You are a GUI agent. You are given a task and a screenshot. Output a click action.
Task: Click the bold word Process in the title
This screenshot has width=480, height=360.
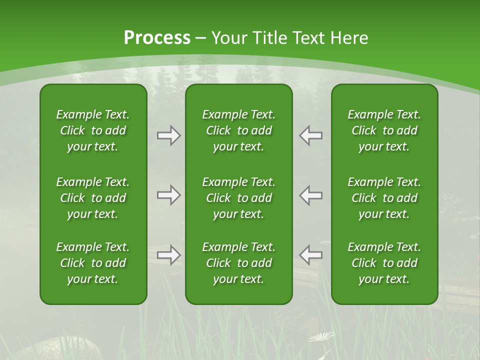(157, 38)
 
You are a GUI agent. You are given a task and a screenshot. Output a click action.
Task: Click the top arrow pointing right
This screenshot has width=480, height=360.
(168, 135)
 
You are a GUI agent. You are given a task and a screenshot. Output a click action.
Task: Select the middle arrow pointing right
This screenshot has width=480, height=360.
(168, 195)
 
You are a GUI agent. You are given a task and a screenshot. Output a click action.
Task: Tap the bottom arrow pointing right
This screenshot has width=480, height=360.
(168, 255)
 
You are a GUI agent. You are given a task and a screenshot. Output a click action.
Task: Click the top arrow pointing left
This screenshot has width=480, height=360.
(311, 135)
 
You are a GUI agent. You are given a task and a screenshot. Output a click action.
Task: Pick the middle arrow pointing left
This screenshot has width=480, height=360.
(311, 195)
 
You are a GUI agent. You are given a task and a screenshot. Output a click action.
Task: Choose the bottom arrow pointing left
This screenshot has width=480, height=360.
(311, 255)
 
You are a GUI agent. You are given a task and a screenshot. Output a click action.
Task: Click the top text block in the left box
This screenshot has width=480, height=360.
(93, 130)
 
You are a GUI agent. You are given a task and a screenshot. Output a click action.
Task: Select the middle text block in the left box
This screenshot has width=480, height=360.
(93, 198)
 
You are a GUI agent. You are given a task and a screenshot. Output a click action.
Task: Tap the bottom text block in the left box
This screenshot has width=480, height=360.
(93, 263)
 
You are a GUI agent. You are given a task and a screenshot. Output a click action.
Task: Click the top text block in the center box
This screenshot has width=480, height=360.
(238, 130)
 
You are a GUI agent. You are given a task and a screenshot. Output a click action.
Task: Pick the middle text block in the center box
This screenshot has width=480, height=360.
(238, 198)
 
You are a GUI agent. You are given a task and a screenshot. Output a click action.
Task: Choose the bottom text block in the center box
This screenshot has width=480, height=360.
(238, 263)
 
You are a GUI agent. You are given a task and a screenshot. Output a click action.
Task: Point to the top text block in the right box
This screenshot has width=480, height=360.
(384, 130)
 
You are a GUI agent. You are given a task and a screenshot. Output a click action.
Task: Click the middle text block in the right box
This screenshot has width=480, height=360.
(384, 198)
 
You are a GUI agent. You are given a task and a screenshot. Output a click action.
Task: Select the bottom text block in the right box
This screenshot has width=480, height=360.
(384, 263)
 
